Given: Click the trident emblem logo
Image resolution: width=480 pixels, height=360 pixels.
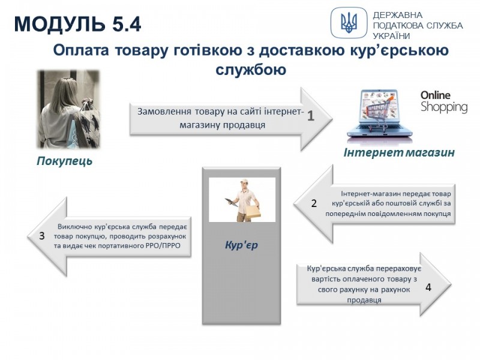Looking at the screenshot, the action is (x=349, y=23).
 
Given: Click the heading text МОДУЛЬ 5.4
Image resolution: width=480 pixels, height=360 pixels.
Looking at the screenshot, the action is (x=77, y=24).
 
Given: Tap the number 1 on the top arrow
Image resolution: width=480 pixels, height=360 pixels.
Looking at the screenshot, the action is (x=311, y=116).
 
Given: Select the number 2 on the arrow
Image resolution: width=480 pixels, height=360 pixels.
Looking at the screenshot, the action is (x=314, y=203).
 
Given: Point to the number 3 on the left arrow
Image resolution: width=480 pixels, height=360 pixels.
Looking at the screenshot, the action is (x=42, y=236).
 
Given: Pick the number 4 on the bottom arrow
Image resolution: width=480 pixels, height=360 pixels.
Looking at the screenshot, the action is (x=428, y=287).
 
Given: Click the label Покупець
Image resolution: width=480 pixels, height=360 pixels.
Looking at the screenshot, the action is (x=64, y=161).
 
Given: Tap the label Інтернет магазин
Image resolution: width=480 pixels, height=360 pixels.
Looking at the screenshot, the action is (x=399, y=152).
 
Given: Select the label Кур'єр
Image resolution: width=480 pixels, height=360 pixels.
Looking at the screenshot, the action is (x=241, y=245).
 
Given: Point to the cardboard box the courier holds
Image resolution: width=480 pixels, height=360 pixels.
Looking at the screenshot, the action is (x=253, y=212).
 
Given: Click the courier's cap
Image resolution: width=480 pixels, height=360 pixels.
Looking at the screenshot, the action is (x=244, y=181).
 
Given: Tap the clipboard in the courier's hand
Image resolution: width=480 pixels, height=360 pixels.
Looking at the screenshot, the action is (x=230, y=202).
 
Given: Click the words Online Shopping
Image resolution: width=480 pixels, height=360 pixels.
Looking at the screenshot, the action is (x=444, y=102).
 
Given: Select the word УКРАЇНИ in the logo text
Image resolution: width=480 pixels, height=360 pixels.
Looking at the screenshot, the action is (x=391, y=36).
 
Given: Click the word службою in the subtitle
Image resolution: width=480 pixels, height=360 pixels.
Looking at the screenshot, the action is (x=251, y=70).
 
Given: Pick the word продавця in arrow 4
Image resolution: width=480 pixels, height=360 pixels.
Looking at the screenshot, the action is (x=364, y=299).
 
